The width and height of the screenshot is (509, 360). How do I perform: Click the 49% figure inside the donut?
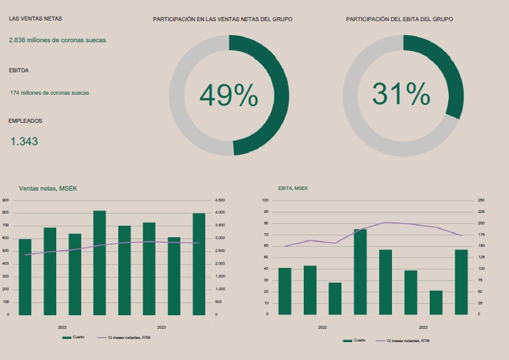tap(228, 96)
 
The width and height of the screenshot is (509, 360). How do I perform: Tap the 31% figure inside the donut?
tap(401, 95)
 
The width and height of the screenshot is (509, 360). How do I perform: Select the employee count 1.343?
tap(24, 141)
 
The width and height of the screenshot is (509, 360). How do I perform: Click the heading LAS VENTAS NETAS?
tap(36, 19)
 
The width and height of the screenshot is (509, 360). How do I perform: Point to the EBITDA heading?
tap(19, 70)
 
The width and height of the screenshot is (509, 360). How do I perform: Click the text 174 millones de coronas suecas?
tap(49, 93)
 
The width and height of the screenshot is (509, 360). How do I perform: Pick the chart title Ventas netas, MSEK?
tap(48, 188)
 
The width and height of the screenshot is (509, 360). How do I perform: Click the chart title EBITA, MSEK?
tap(293, 188)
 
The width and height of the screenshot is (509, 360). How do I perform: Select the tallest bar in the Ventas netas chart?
tap(99, 262)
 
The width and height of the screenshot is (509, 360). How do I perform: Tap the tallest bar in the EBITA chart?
tap(360, 271)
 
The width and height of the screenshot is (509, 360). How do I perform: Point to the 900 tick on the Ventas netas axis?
tap(5, 200)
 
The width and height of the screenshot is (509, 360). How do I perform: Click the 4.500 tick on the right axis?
tap(219, 200)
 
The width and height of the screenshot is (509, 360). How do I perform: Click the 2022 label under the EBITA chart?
tap(323, 327)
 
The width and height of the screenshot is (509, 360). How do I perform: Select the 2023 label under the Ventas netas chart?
tap(161, 327)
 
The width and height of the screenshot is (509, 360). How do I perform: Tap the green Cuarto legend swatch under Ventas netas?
tap(67, 337)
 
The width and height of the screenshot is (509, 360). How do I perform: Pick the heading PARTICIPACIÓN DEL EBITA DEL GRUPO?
tap(399, 19)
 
